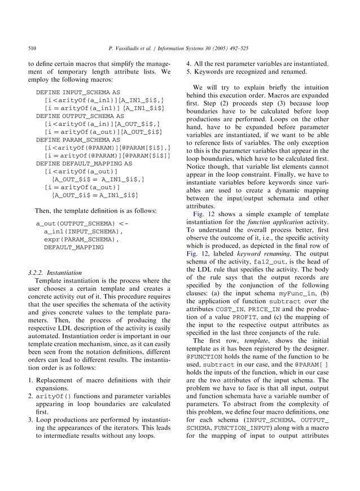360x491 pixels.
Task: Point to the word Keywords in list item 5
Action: click(x=209, y=72)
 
